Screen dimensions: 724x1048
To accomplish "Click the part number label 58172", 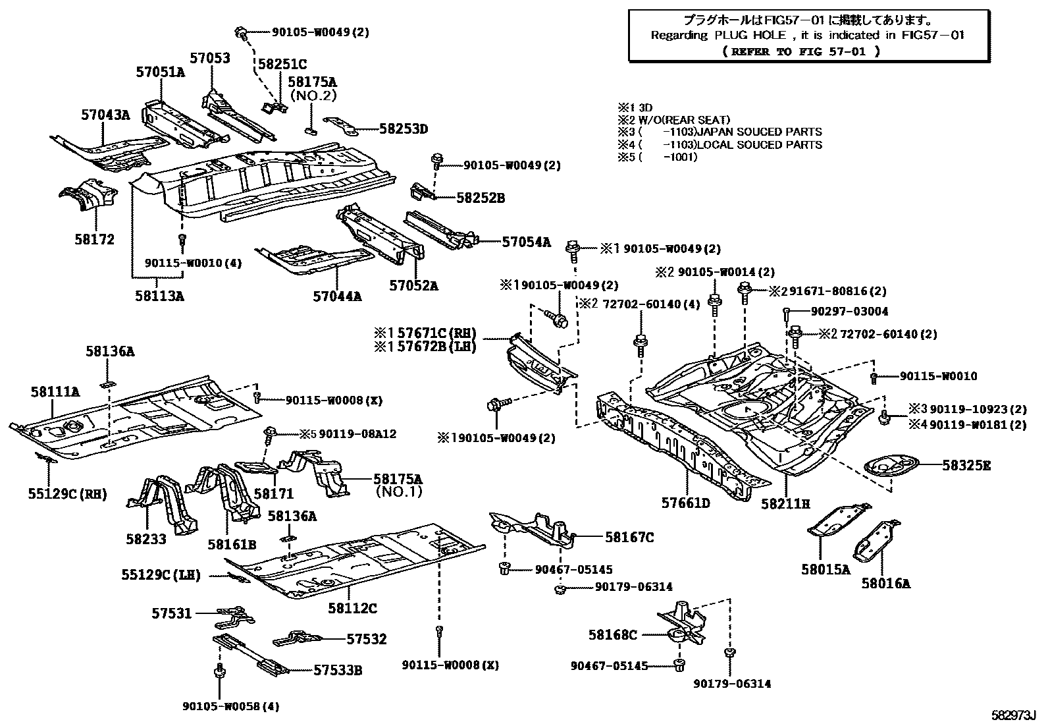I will [x=94, y=240].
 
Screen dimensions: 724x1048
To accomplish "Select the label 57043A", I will [x=105, y=115].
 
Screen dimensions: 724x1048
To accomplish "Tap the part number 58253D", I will [x=403, y=130].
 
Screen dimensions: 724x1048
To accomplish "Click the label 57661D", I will [x=686, y=504].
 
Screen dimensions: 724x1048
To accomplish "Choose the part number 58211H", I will [x=785, y=504].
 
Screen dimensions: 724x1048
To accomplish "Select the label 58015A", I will [x=825, y=569].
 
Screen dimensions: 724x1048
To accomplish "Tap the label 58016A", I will [x=885, y=583].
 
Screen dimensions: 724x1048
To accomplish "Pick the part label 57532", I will [x=367, y=639].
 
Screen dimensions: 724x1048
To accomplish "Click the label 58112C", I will [x=353, y=610].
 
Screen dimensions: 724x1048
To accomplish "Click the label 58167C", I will [x=629, y=538].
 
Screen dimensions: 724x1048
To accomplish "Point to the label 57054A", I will [x=526, y=242].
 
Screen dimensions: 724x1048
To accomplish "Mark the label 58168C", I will [x=612, y=635].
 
